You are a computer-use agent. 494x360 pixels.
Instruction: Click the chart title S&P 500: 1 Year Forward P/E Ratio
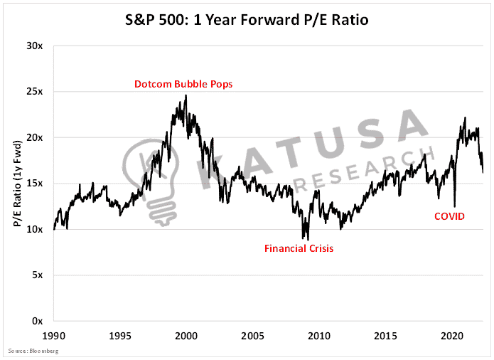(x=247, y=20)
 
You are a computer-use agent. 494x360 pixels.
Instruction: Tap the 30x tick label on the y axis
(x=34, y=46)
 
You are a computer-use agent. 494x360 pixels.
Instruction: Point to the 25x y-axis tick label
(x=34, y=92)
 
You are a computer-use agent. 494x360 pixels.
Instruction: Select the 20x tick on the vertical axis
(x=34, y=138)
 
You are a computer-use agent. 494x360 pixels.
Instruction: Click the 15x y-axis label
(x=34, y=184)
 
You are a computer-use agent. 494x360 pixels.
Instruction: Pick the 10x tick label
(x=34, y=229)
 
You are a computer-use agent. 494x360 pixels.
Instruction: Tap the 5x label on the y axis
(x=37, y=275)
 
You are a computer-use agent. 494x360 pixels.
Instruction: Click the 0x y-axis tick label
(x=37, y=322)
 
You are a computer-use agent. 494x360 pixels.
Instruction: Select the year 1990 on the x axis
(x=54, y=336)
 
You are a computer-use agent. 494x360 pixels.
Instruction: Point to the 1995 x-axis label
(x=120, y=336)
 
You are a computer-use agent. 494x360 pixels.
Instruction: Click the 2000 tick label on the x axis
(x=186, y=336)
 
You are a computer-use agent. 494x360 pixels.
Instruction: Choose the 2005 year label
(x=252, y=336)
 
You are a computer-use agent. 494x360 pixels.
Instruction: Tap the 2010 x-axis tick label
(x=319, y=336)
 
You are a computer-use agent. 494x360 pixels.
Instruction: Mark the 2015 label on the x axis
(x=385, y=336)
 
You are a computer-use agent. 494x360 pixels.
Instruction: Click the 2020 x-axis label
(x=452, y=336)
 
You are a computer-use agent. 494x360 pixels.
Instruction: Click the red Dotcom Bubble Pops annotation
(x=183, y=84)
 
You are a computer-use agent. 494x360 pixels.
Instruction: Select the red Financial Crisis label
(x=299, y=249)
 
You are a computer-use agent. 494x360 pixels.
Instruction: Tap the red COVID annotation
(x=449, y=216)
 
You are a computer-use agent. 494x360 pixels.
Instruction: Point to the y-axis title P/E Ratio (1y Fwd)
(x=18, y=184)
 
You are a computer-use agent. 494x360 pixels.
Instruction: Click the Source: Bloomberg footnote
(x=33, y=351)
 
